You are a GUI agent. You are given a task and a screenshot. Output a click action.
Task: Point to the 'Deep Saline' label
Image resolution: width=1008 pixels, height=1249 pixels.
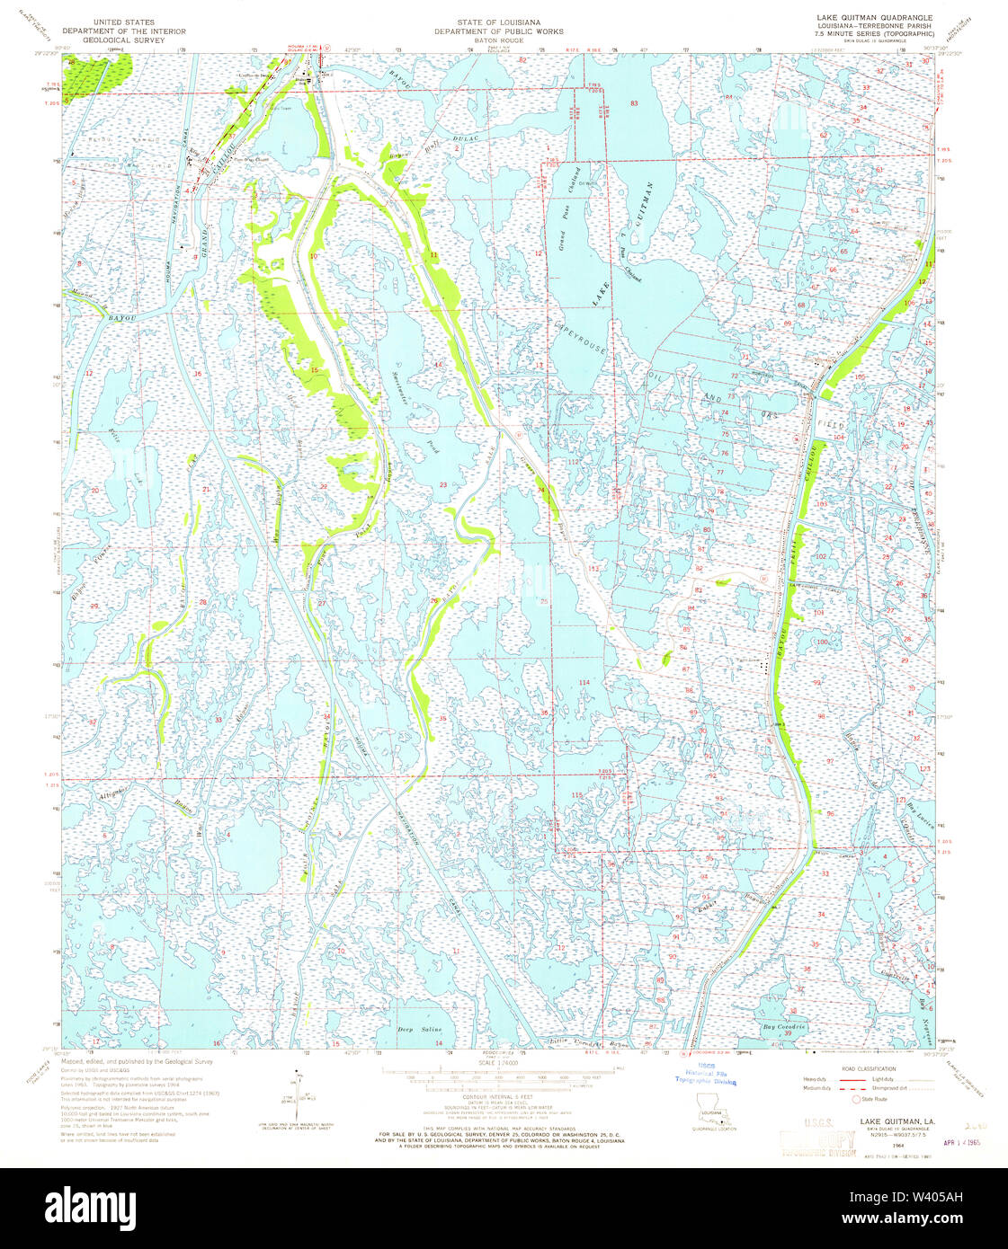click(419, 1030)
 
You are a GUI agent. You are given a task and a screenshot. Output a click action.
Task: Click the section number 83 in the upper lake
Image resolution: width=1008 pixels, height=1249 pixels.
click(634, 103)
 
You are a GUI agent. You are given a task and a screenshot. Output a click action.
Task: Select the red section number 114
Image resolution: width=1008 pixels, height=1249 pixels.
click(584, 683)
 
